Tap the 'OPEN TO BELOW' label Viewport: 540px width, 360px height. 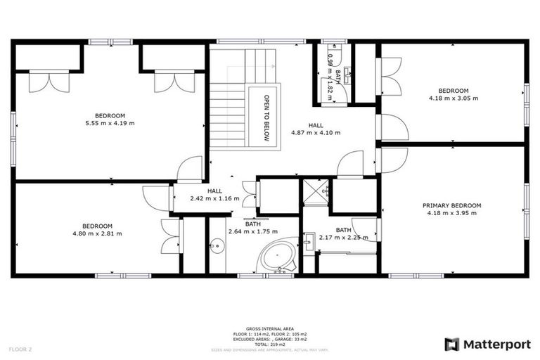click(267, 118)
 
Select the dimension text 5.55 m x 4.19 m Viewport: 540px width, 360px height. click(110, 123)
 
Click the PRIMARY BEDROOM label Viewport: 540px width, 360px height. click(452, 205)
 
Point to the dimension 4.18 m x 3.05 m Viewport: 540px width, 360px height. click(453, 98)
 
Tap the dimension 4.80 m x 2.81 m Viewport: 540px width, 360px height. click(97, 233)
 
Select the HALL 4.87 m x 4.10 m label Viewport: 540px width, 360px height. click(306, 129)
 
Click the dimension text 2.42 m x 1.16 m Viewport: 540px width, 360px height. click(214, 198)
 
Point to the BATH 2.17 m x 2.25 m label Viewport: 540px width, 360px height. click(343, 233)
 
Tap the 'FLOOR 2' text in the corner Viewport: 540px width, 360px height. click(20, 349)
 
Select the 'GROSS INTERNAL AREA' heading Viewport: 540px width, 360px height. click(269, 328)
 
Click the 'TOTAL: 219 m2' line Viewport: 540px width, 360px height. click(269, 345)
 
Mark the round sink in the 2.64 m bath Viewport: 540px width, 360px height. click(217, 246)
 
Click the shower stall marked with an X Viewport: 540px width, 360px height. click(315, 191)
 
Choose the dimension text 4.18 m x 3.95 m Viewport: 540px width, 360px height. click(452, 213)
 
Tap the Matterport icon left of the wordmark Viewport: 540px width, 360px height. click(452, 344)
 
